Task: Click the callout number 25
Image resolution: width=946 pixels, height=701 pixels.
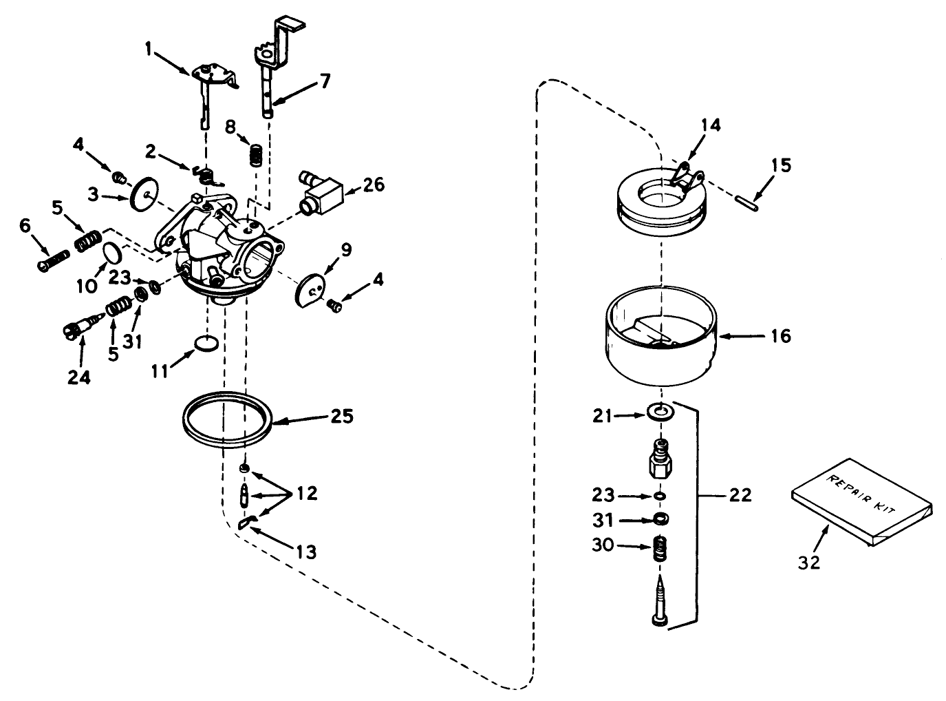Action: coord(341,416)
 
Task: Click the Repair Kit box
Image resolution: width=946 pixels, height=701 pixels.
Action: coord(860,504)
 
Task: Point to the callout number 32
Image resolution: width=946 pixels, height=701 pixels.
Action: coord(809,562)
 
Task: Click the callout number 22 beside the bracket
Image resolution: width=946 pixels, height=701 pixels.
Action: coord(740,494)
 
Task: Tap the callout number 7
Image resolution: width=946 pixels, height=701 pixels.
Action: coord(323,81)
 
